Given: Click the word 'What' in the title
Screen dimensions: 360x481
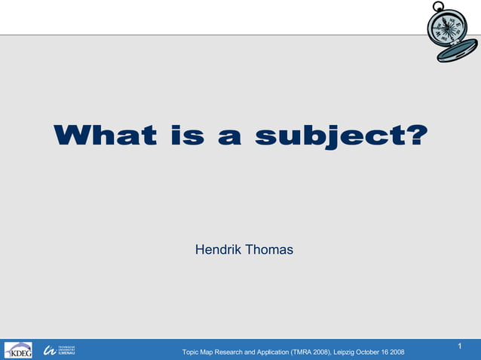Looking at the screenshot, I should click(x=105, y=136).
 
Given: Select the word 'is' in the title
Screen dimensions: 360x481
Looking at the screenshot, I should click(x=185, y=136).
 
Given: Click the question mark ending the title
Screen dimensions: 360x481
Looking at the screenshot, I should click(x=417, y=136).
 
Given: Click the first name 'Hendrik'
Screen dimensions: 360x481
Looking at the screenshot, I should click(x=218, y=249).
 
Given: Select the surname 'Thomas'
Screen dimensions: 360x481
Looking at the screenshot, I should click(x=268, y=249).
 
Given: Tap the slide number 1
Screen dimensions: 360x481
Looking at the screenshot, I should click(x=460, y=346).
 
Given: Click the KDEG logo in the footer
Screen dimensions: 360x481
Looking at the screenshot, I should click(x=18, y=350).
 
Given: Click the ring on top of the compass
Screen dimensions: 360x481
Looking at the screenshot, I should click(x=439, y=8).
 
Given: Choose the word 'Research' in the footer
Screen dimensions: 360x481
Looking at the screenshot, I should click(x=230, y=352).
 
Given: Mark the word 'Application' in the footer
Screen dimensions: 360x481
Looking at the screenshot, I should click(x=268, y=352).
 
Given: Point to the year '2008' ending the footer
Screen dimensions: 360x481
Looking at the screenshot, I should click(x=397, y=352).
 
